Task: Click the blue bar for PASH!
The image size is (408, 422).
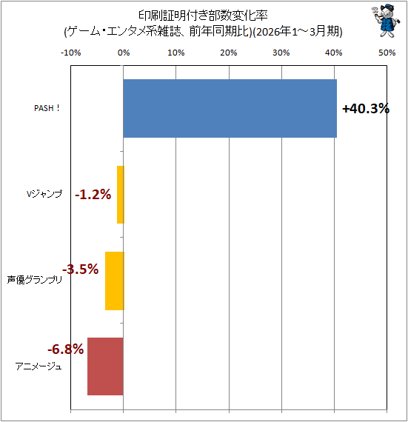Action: pyautogui.click(x=230, y=108)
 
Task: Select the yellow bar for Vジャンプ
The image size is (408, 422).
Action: pyautogui.click(x=121, y=195)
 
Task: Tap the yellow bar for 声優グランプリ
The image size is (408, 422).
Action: pyautogui.click(x=115, y=281)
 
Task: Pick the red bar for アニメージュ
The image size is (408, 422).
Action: pyautogui.click(x=105, y=366)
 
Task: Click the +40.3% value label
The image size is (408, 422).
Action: pyautogui.click(x=366, y=109)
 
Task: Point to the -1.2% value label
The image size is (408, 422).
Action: pyautogui.click(x=93, y=194)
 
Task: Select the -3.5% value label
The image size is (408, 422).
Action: pyautogui.click(x=81, y=269)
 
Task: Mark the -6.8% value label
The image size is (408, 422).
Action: pyautogui.click(x=66, y=349)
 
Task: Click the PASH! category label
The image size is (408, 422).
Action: pyautogui.click(x=47, y=108)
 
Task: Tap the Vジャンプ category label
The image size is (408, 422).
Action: pyautogui.click(x=44, y=194)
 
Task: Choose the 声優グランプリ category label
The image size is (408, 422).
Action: pyautogui.click(x=35, y=280)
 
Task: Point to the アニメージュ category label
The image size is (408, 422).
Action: pyautogui.click(x=39, y=366)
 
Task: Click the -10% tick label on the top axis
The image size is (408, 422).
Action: pyautogui.click(x=71, y=53)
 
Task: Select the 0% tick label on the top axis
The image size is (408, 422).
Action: pyautogui.click(x=124, y=53)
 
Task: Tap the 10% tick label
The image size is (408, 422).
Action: pyautogui.click(x=176, y=53)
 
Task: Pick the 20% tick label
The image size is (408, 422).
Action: pyautogui.click(x=229, y=53)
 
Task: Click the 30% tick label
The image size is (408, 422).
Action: pyautogui.click(x=281, y=53)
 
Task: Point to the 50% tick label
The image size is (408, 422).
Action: pyautogui.click(x=387, y=53)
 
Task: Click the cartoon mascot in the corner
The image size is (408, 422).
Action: pyautogui.click(x=387, y=21)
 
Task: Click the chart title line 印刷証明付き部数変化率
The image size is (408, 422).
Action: pyautogui.click(x=203, y=16)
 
